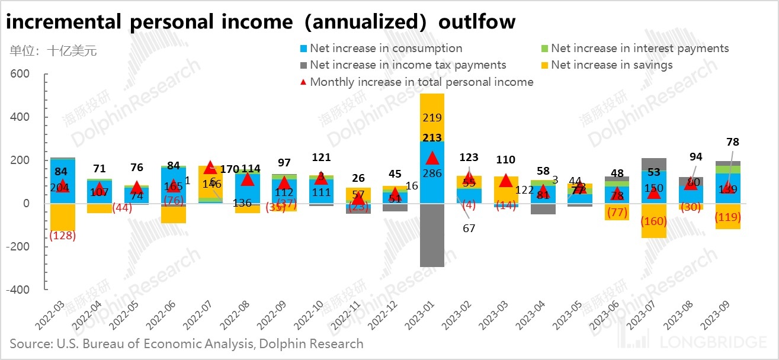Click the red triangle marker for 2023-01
[x=432, y=158]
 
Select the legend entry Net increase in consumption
[x=386, y=49]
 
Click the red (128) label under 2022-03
[x=62, y=236]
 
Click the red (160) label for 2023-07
[x=653, y=221]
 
